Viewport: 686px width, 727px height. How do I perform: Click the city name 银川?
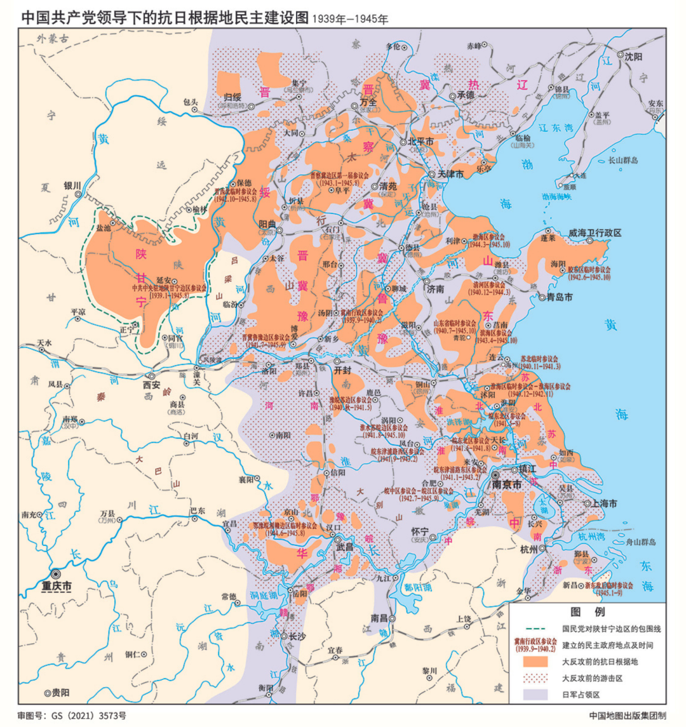pos(72,186)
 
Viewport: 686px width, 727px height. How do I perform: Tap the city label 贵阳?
pos(60,692)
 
